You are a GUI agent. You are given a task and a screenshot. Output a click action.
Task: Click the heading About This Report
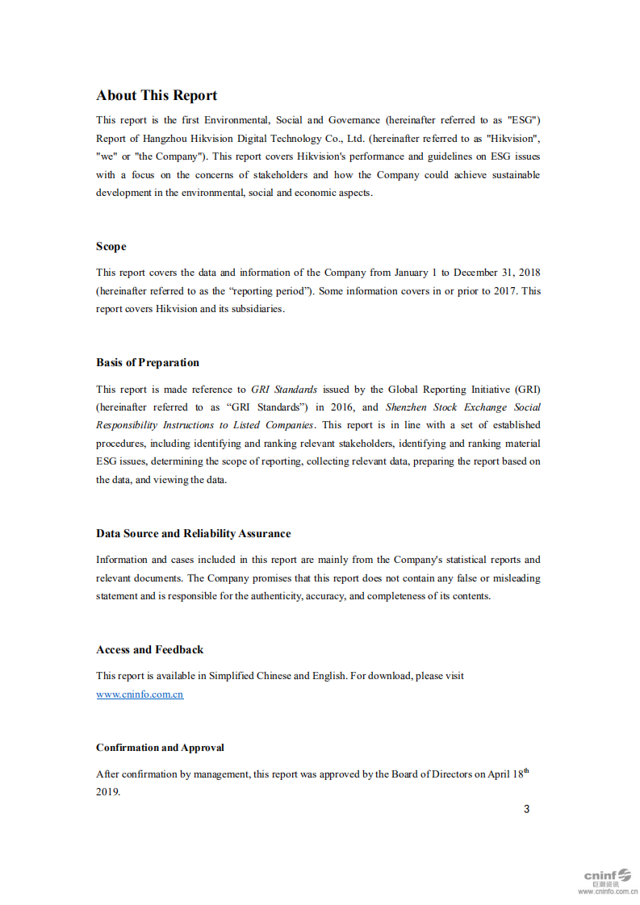157,95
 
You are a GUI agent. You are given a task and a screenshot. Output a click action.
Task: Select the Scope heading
111,247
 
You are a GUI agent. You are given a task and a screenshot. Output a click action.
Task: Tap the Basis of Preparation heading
148,363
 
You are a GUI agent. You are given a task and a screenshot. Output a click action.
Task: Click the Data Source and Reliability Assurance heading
193,534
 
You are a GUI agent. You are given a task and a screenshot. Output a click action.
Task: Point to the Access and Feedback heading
149,650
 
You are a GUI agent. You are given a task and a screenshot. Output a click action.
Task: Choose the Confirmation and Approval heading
160,748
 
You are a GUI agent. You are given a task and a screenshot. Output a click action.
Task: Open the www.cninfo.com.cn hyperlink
140,694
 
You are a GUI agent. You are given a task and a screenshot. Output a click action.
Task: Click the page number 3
527,809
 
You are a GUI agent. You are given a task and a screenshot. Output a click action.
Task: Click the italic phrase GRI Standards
284,390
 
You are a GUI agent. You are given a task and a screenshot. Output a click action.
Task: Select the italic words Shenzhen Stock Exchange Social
463,407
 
